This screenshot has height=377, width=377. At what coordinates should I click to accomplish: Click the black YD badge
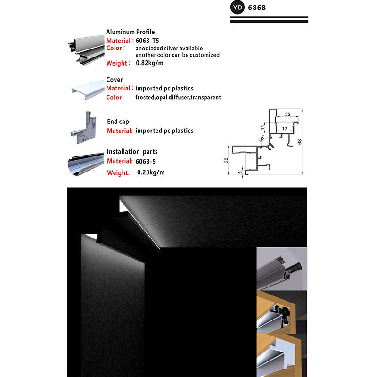click(238, 8)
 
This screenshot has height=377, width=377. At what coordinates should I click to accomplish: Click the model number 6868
click(258, 8)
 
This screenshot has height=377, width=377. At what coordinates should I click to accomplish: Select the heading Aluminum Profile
click(130, 32)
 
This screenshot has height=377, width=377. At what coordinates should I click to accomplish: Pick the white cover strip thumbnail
click(87, 89)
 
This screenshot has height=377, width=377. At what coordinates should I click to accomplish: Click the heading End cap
click(118, 122)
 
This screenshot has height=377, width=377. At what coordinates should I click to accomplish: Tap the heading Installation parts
click(132, 152)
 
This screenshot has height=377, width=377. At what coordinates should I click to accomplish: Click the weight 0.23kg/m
click(151, 172)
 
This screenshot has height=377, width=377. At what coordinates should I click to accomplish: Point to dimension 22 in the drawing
click(287, 114)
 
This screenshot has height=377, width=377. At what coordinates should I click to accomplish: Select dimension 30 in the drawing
click(226, 160)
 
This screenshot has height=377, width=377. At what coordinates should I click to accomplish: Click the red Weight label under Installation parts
click(118, 173)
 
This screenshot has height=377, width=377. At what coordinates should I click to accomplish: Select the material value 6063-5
click(145, 161)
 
